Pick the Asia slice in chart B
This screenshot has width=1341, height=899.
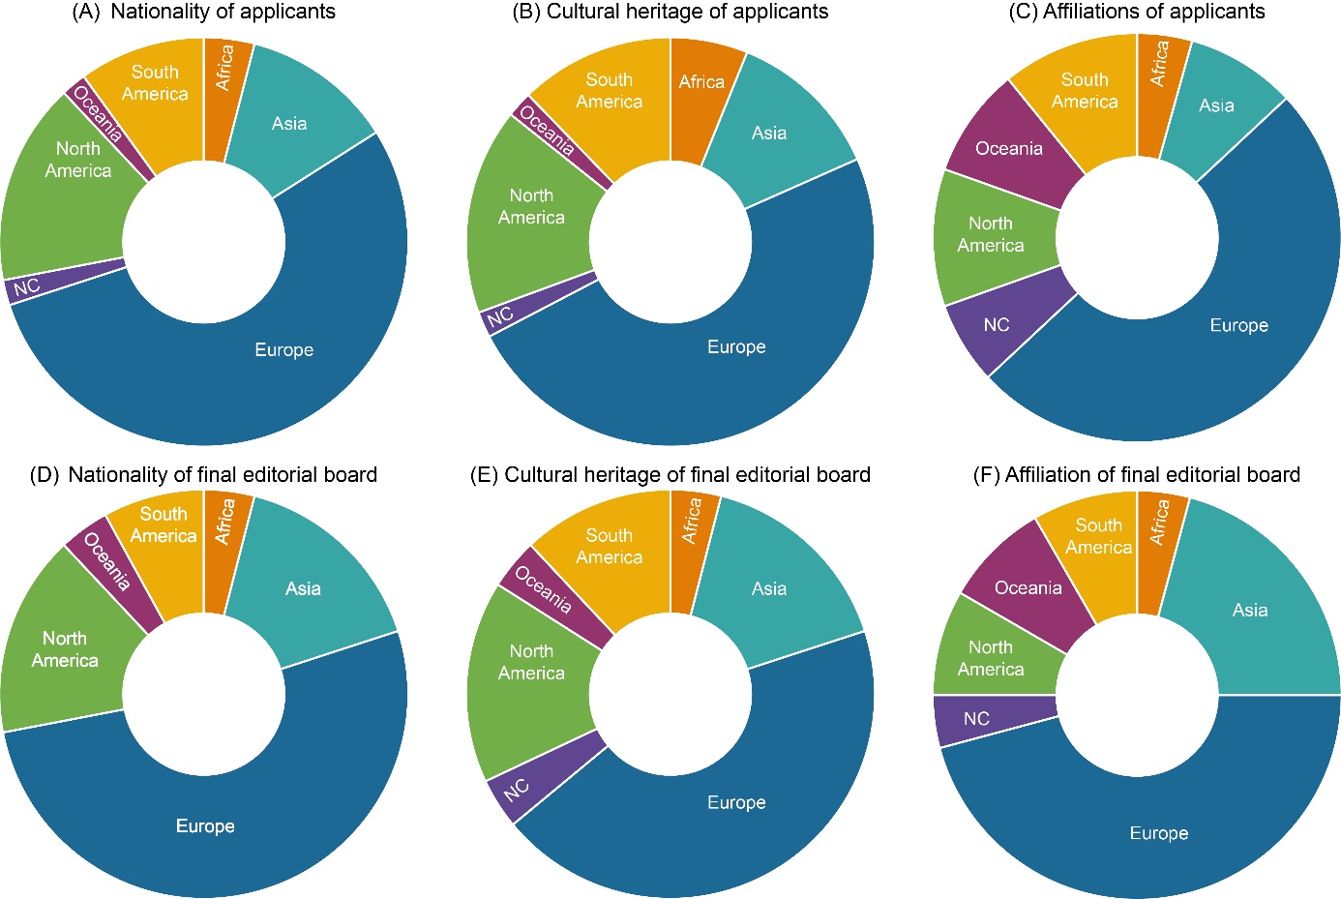coord(769,133)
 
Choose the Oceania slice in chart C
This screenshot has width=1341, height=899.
coord(1009,148)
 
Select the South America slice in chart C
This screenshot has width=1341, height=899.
coord(1085,91)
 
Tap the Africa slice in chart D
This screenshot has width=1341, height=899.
coord(224,523)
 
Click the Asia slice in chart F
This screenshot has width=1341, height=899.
coord(1250,610)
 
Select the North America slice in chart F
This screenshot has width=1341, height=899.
coord(991,658)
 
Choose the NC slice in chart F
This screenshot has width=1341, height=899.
coord(977,718)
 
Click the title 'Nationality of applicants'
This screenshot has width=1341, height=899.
coord(223,13)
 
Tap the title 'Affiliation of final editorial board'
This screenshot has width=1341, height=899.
coord(1151,475)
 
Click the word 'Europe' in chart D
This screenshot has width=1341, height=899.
coord(205,826)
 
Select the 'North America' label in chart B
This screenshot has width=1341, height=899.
coord(531,206)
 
